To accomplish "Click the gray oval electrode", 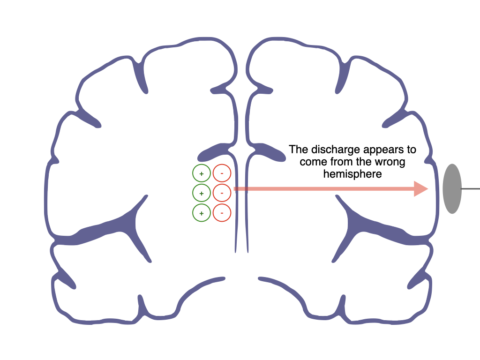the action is pyautogui.click(x=452, y=188).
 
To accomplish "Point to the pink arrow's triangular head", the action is pyautogui.click(x=420, y=189).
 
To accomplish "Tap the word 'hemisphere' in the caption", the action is pyautogui.click(x=352, y=174).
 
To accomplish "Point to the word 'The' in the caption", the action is pyautogui.click(x=299, y=150).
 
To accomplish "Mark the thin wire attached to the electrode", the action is pyautogui.click(x=471, y=189).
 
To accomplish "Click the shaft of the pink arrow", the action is pyautogui.click(x=324, y=189).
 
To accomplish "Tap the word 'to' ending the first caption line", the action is pyautogui.click(x=412, y=150).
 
